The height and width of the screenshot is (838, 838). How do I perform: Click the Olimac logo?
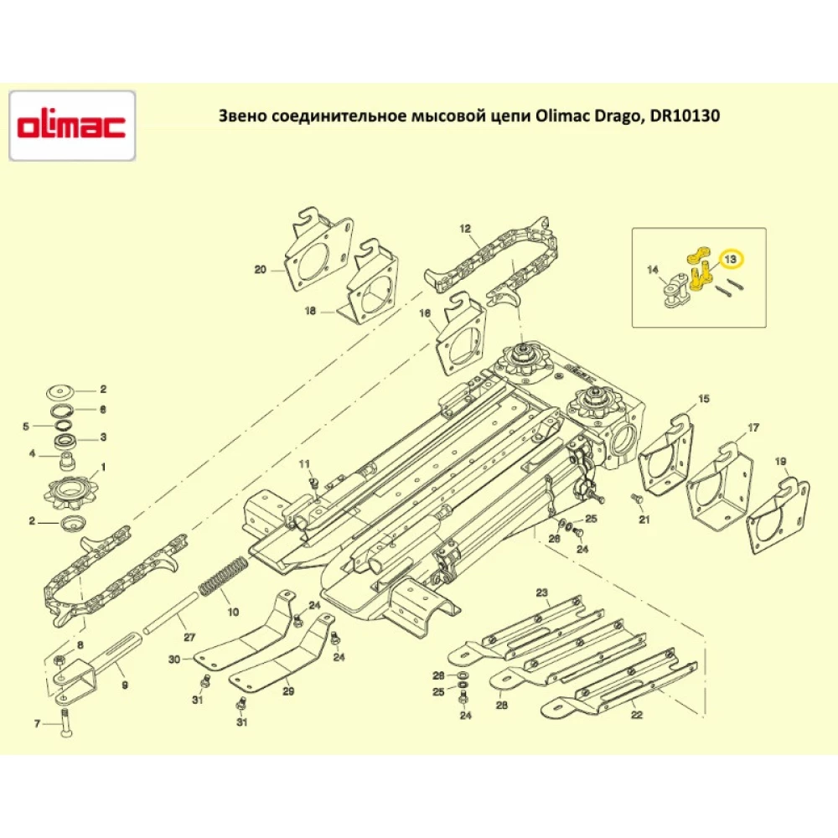click(x=72, y=126)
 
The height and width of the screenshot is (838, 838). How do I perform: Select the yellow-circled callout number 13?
click(x=730, y=260)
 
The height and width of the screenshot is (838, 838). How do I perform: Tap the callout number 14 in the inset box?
click(x=654, y=270)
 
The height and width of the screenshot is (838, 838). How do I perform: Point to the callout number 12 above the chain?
click(x=465, y=228)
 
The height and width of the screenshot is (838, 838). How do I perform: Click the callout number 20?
click(x=260, y=270)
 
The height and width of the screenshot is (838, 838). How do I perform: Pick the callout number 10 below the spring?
click(x=233, y=612)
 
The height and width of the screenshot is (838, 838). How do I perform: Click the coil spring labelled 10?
click(x=222, y=578)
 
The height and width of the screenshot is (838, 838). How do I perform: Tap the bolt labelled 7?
click(x=66, y=719)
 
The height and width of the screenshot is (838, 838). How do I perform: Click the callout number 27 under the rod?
click(x=189, y=637)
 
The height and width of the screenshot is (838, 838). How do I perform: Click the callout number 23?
click(x=542, y=593)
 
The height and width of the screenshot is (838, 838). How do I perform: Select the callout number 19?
click(x=780, y=462)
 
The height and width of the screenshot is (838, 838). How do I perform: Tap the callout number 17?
click(x=753, y=428)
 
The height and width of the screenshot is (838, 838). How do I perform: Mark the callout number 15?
click(x=704, y=398)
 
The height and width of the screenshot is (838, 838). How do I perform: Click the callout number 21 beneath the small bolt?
click(x=644, y=520)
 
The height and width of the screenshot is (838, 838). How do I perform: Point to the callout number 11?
click(x=304, y=463)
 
